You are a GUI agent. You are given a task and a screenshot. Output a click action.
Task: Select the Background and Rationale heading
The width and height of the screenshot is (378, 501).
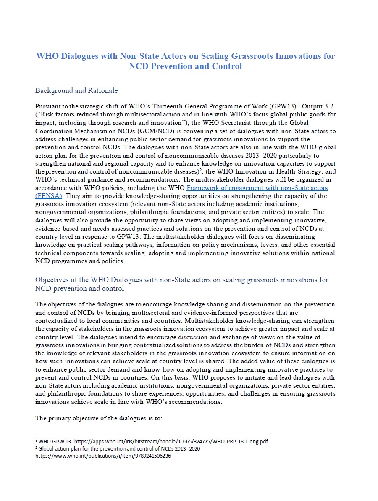click(x=76, y=90)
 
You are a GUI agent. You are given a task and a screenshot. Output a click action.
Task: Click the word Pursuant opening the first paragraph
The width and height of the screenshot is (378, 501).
click(x=48, y=107)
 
